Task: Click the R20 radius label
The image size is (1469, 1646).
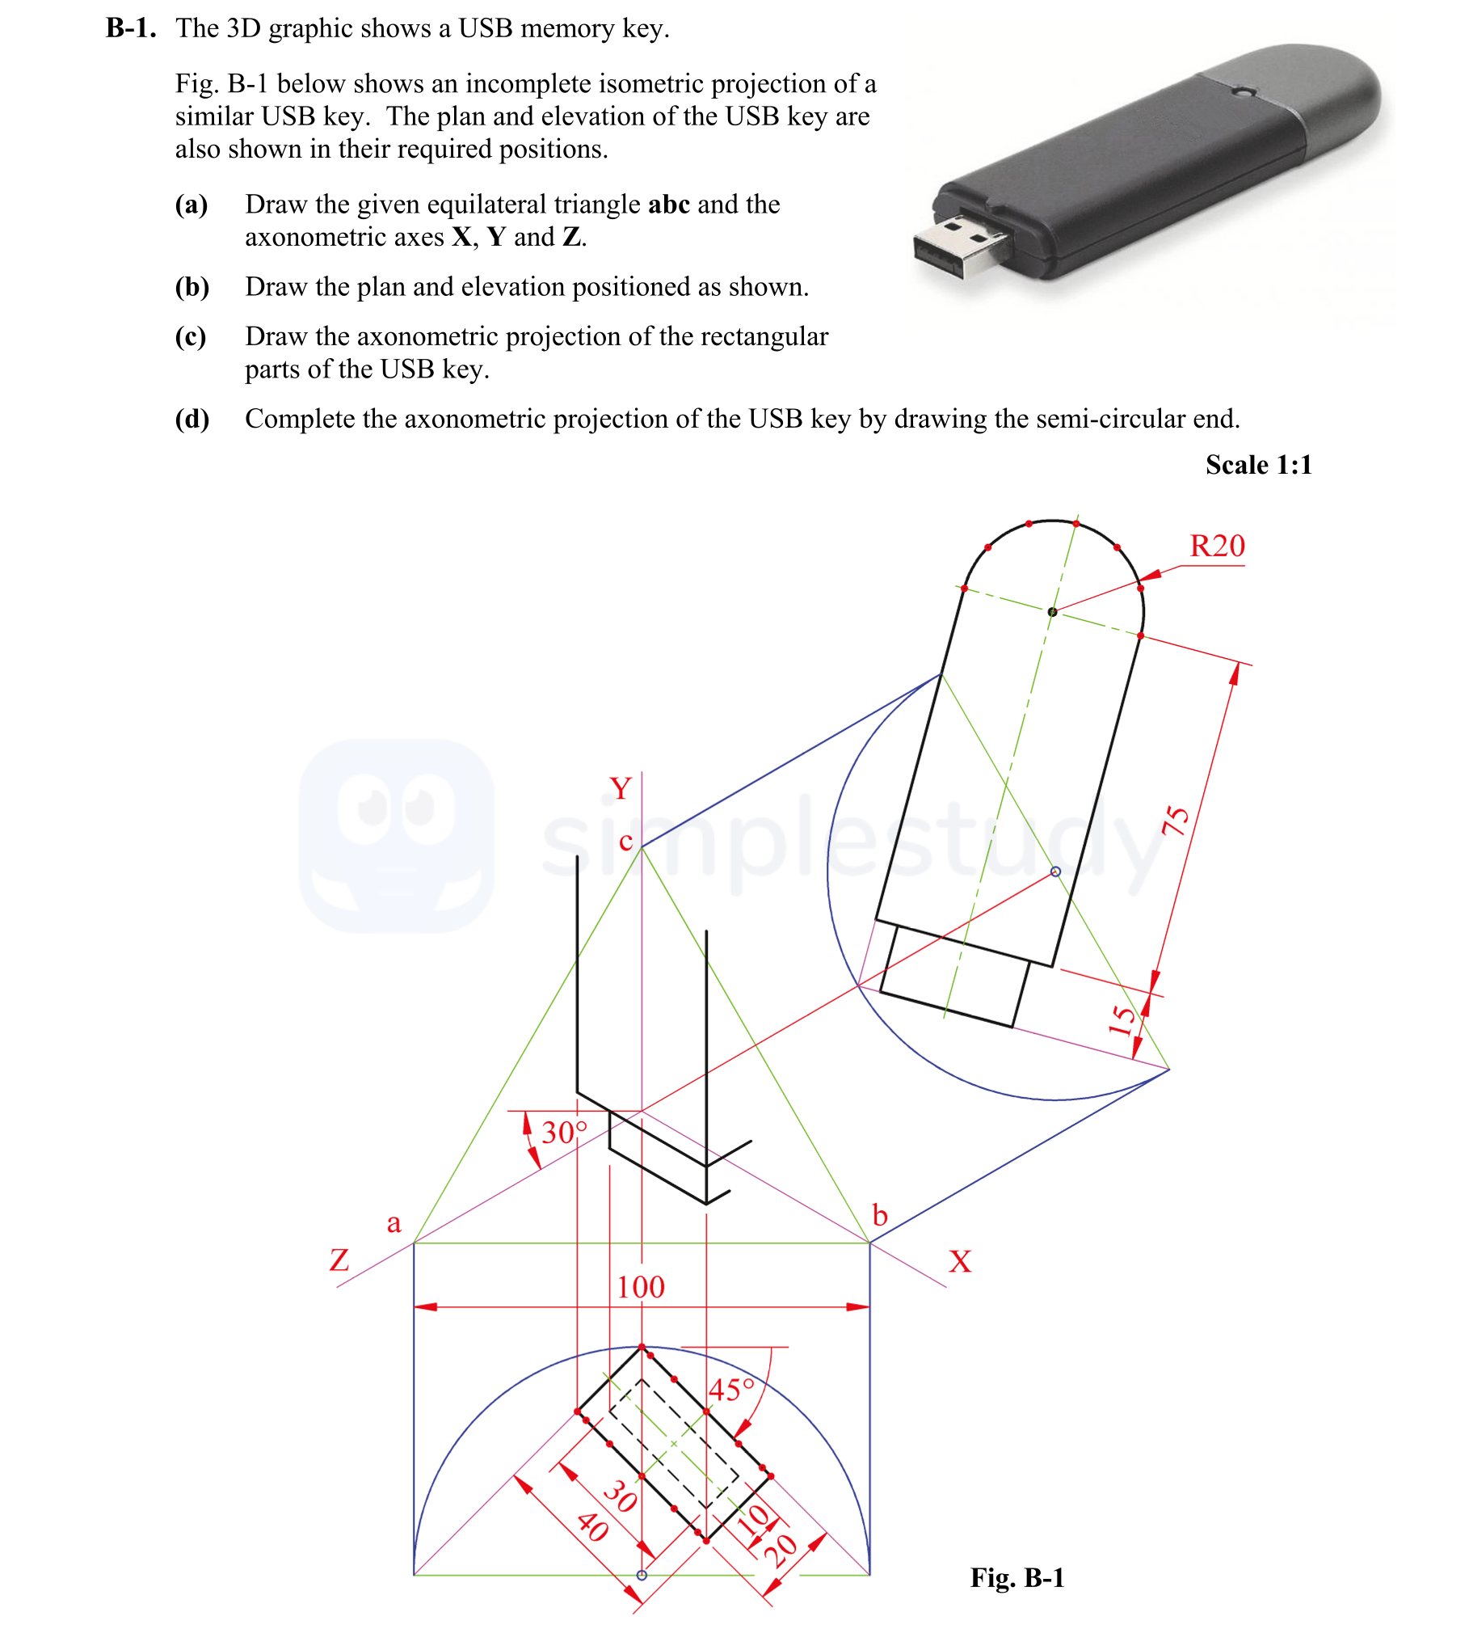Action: click(1217, 546)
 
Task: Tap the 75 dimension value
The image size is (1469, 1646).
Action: click(1176, 821)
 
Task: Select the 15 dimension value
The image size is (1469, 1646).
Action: click(1122, 1020)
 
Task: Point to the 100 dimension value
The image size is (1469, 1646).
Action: click(641, 1287)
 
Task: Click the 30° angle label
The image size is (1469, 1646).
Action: click(564, 1132)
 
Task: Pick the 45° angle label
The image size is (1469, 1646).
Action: click(731, 1390)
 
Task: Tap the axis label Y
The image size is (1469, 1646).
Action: click(620, 788)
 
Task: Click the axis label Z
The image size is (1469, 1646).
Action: click(339, 1260)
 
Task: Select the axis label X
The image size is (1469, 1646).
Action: click(960, 1261)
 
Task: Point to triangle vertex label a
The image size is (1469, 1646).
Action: click(394, 1223)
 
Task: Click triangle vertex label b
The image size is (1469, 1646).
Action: click(880, 1215)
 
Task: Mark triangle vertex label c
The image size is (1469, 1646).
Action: click(625, 842)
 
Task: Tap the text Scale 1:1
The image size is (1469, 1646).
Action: click(1258, 465)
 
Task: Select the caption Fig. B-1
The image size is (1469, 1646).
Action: click(1017, 1577)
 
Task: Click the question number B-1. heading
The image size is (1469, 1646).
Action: click(131, 28)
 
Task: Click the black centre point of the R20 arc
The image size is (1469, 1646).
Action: click(1052, 612)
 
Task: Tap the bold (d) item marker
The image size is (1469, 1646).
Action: click(192, 419)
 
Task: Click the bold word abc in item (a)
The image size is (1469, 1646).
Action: click(668, 205)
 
